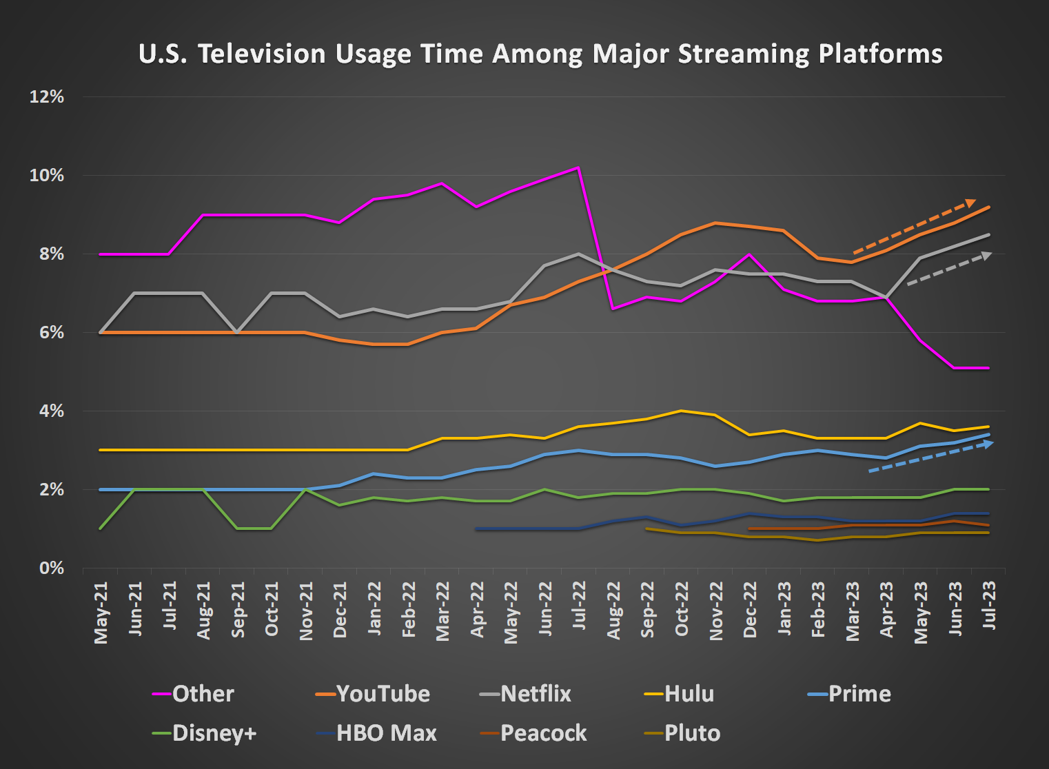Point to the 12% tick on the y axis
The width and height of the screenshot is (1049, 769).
pos(46,96)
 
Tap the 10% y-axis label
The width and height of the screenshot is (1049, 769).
pos(46,175)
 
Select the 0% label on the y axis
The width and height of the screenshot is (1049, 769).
pos(51,568)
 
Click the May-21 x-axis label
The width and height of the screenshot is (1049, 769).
pos(101,612)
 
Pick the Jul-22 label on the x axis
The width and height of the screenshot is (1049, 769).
pos(580,605)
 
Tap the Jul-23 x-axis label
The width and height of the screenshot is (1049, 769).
pos(990,604)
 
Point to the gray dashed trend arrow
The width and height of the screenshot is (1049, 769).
pos(949,269)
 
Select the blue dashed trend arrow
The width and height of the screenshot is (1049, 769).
pos(930,457)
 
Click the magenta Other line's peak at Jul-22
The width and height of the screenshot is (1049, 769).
pos(578,167)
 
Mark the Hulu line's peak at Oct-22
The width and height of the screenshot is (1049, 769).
pos(681,411)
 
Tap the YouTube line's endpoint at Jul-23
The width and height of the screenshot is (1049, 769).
pos(989,207)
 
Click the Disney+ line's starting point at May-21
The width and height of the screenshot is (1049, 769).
pos(101,529)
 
